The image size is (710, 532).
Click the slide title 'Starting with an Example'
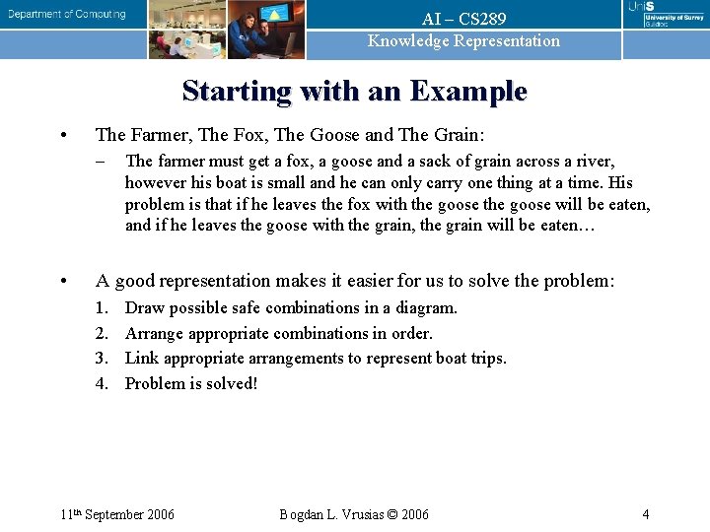pos(354,92)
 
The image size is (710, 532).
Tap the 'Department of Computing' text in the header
pos(68,14)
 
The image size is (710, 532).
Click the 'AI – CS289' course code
pos(463,20)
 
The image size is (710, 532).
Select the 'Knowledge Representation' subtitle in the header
pos(463,41)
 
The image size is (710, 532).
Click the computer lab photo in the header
pos(187,30)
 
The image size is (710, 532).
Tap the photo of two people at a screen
pos(266,30)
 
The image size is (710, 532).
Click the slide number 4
pos(645,514)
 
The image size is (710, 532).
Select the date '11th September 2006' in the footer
pos(116,514)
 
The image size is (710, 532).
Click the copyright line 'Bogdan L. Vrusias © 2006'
pos(354,514)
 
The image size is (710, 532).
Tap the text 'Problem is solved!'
pos(191,384)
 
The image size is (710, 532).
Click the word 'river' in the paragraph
pos(592,162)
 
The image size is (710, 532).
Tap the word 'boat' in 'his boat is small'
pos(235,183)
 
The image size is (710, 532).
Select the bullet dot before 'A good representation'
pos(63,282)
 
